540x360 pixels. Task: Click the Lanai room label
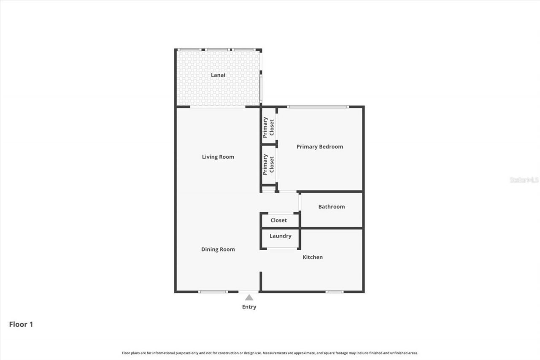(x=218, y=75)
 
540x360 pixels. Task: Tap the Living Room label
(x=218, y=157)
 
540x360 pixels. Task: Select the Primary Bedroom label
(x=319, y=147)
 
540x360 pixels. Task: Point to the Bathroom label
(x=331, y=207)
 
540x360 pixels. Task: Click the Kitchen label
(x=313, y=257)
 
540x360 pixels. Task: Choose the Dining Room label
(x=218, y=249)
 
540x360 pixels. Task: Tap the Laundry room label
(x=280, y=236)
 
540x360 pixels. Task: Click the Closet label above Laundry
(x=278, y=220)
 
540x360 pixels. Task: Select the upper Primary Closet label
(x=268, y=127)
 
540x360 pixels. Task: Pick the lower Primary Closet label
(x=268, y=165)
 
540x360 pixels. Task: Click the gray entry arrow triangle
(x=249, y=298)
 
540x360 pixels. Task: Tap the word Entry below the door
(x=249, y=307)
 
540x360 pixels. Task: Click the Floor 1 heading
(x=21, y=325)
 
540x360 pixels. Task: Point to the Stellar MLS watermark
(x=524, y=180)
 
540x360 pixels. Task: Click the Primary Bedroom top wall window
(x=318, y=107)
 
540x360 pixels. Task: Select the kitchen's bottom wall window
(x=334, y=292)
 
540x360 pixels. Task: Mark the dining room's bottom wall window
(x=213, y=292)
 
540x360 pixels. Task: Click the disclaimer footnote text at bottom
(x=270, y=353)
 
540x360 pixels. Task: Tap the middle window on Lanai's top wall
(x=217, y=50)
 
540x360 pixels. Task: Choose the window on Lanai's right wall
(x=261, y=88)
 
